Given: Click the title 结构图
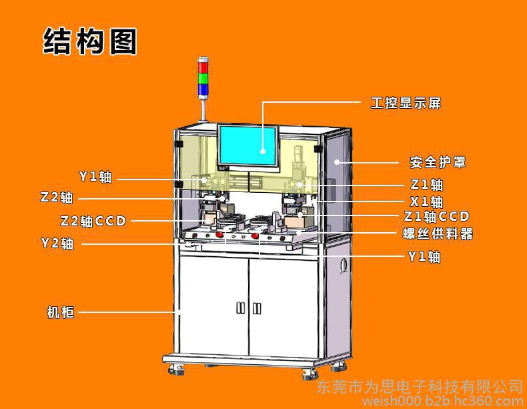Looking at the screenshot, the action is [90, 41].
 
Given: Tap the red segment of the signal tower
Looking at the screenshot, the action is [203, 67].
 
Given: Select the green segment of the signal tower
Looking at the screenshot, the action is [203, 78].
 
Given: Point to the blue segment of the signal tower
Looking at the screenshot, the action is [203, 89].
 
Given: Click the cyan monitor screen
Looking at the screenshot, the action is [248, 145].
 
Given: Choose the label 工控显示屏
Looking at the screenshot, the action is [406, 103].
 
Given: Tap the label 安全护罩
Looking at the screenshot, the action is [438, 162].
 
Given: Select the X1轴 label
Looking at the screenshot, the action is [426, 201].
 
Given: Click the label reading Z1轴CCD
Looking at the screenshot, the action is [436, 216].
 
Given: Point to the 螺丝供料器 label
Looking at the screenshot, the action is [438, 234].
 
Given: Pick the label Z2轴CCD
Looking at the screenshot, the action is [93, 221].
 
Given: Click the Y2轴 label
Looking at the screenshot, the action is [57, 243].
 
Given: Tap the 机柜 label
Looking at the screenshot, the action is [61, 312].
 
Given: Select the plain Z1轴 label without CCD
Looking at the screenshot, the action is [427, 185].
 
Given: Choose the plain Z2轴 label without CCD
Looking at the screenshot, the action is [57, 197].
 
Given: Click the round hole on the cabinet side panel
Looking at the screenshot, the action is [344, 265].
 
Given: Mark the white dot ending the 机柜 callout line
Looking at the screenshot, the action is [179, 312].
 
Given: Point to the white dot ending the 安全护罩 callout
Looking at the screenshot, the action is [336, 162].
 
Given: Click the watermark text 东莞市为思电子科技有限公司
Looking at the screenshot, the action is [420, 388].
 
